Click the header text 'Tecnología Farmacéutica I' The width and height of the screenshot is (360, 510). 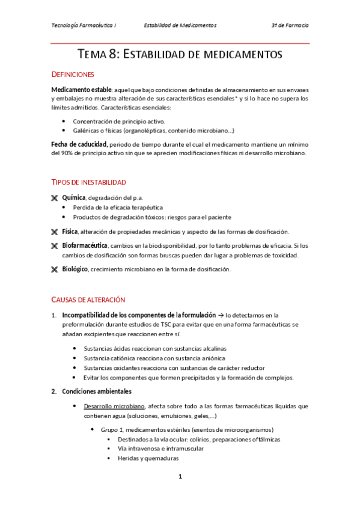click(x=84, y=26)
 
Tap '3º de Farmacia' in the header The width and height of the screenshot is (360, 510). click(x=290, y=26)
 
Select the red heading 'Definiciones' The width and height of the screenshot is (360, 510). click(x=73, y=75)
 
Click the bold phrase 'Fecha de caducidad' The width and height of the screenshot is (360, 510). click(x=79, y=144)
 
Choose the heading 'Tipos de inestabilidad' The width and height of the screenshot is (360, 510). click(x=89, y=182)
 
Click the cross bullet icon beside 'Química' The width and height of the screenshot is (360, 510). click(x=55, y=198)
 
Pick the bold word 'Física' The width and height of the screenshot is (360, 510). click(x=71, y=232)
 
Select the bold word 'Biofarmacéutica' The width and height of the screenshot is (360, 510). click(x=85, y=245)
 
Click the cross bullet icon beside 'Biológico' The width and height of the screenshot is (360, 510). click(x=55, y=269)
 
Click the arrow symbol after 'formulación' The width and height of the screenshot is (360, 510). click(x=220, y=315)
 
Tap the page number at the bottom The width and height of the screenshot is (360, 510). click(x=180, y=477)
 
